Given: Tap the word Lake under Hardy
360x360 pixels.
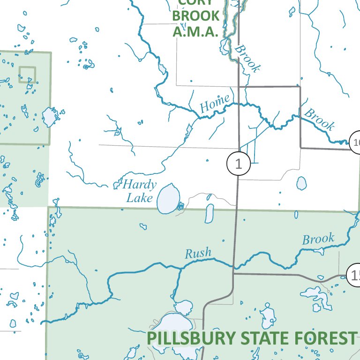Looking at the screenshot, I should coord(140,198).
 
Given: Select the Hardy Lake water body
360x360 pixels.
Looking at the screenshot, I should coord(168,199).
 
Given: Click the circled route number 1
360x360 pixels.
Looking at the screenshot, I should coord(239,164).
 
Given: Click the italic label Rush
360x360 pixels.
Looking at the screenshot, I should coord(198,254).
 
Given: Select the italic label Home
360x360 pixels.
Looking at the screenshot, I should coord(215,104).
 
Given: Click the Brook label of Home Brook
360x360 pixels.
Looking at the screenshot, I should coord(320,120).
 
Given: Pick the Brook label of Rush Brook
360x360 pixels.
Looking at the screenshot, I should coord(318,239).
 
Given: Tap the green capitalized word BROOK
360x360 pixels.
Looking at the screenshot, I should coord(192,15).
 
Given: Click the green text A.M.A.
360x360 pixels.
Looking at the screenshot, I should coord(195,32).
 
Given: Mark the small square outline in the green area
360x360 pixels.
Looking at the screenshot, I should coord(27,75).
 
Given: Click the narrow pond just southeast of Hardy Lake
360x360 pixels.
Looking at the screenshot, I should coord(210,213).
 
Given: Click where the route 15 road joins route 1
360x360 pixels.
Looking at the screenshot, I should coord(233,273).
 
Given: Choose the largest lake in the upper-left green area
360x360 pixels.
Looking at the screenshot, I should coord(49,117).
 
